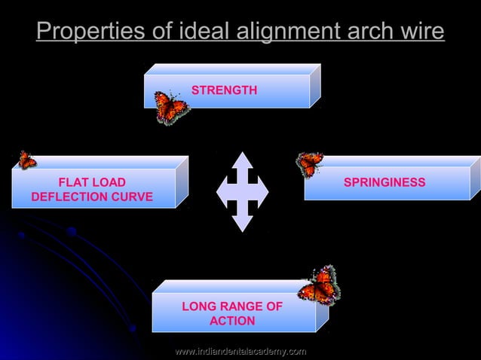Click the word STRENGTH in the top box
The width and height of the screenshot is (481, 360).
pyautogui.click(x=224, y=90)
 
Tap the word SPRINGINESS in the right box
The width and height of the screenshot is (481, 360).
pyautogui.click(x=384, y=182)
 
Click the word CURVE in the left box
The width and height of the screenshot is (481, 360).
pyautogui.click(x=134, y=197)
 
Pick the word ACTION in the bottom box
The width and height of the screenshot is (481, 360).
pyautogui.click(x=232, y=321)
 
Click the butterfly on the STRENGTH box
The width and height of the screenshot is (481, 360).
pyautogui.click(x=171, y=107)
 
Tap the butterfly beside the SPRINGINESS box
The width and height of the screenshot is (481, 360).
pyautogui.click(x=310, y=163)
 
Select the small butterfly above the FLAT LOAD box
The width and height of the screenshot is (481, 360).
pyautogui.click(x=26, y=160)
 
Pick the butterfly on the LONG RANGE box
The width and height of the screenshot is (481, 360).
pyautogui.click(x=319, y=286)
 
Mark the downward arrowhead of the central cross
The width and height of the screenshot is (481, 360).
pyautogui.click(x=242, y=223)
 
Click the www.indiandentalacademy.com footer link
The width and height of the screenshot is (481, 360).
pyautogui.click(x=240, y=351)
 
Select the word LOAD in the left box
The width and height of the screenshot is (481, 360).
pyautogui.click(x=109, y=182)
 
